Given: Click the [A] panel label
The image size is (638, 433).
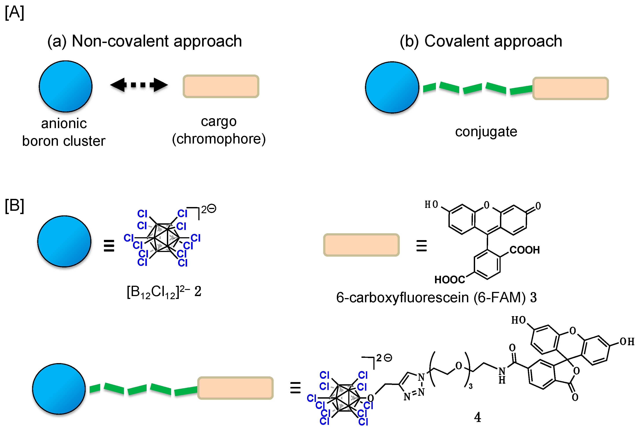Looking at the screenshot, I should click(14, 12).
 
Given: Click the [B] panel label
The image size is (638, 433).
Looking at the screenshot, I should click(14, 206).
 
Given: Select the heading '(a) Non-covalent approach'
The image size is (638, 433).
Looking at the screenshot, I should click(144, 41).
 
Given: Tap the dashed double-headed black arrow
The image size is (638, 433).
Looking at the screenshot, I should click(139, 85).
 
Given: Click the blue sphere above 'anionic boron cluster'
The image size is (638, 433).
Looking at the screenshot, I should click(66, 86).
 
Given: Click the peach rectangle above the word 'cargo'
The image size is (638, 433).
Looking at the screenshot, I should click(221, 86).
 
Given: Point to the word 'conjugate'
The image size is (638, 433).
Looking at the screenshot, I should click(486, 132).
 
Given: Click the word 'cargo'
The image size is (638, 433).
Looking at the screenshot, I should click(219, 121).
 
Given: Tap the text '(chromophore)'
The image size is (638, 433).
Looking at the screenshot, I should click(219, 139).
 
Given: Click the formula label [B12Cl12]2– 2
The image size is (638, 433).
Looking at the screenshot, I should click(164, 292).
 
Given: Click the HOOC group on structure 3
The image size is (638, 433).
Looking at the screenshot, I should click(449, 280).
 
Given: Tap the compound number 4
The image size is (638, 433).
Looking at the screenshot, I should click(478, 417).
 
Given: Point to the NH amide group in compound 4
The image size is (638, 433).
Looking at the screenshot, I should click(502, 375).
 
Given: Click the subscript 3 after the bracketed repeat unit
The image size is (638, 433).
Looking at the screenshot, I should click(470, 386).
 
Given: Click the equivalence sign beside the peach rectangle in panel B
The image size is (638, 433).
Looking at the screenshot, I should click(421, 246).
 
